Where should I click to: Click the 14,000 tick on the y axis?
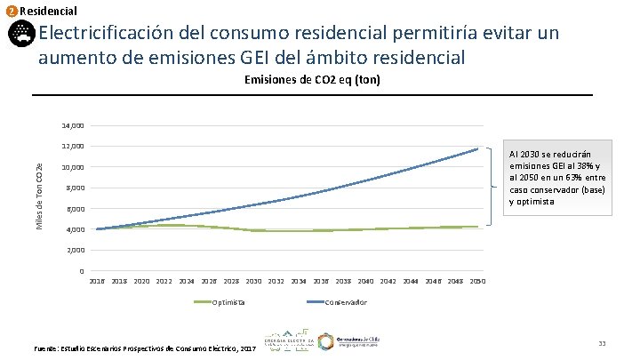(x=73, y=125)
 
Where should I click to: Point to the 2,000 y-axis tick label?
(x=75, y=251)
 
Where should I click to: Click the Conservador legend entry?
(x=343, y=303)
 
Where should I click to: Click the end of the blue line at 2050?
(x=478, y=148)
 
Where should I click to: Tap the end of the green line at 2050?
(x=478, y=227)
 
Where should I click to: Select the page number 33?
(x=602, y=344)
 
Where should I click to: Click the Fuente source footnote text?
(x=143, y=348)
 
